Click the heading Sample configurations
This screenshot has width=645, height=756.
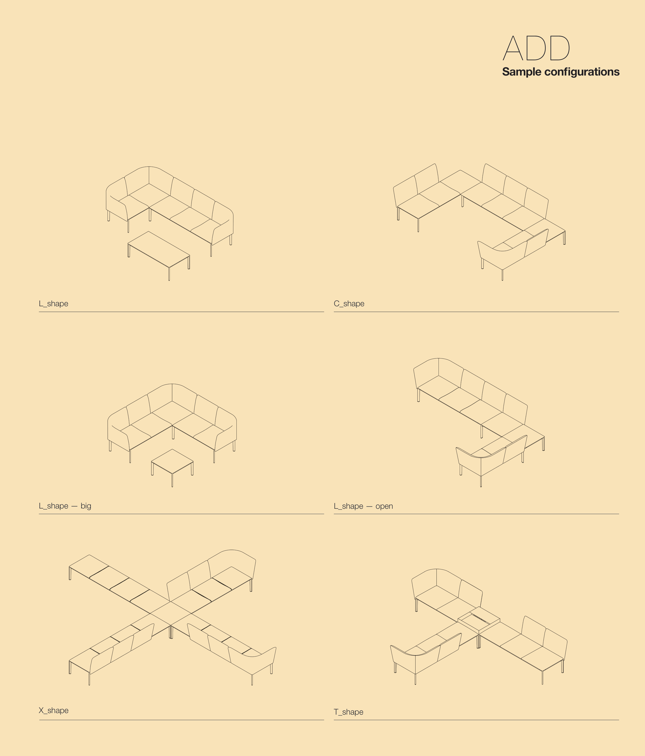tap(560, 72)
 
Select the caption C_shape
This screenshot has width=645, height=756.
tap(349, 304)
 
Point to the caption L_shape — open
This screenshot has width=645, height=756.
tap(363, 506)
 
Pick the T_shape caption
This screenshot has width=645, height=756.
tap(349, 712)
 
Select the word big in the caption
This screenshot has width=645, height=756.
tap(86, 506)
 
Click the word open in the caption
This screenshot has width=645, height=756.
tap(384, 506)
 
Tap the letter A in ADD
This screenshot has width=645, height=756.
tap(513, 48)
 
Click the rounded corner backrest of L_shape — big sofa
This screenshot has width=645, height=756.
tap(172, 393)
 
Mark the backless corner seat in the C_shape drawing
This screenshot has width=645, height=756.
tap(460, 182)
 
